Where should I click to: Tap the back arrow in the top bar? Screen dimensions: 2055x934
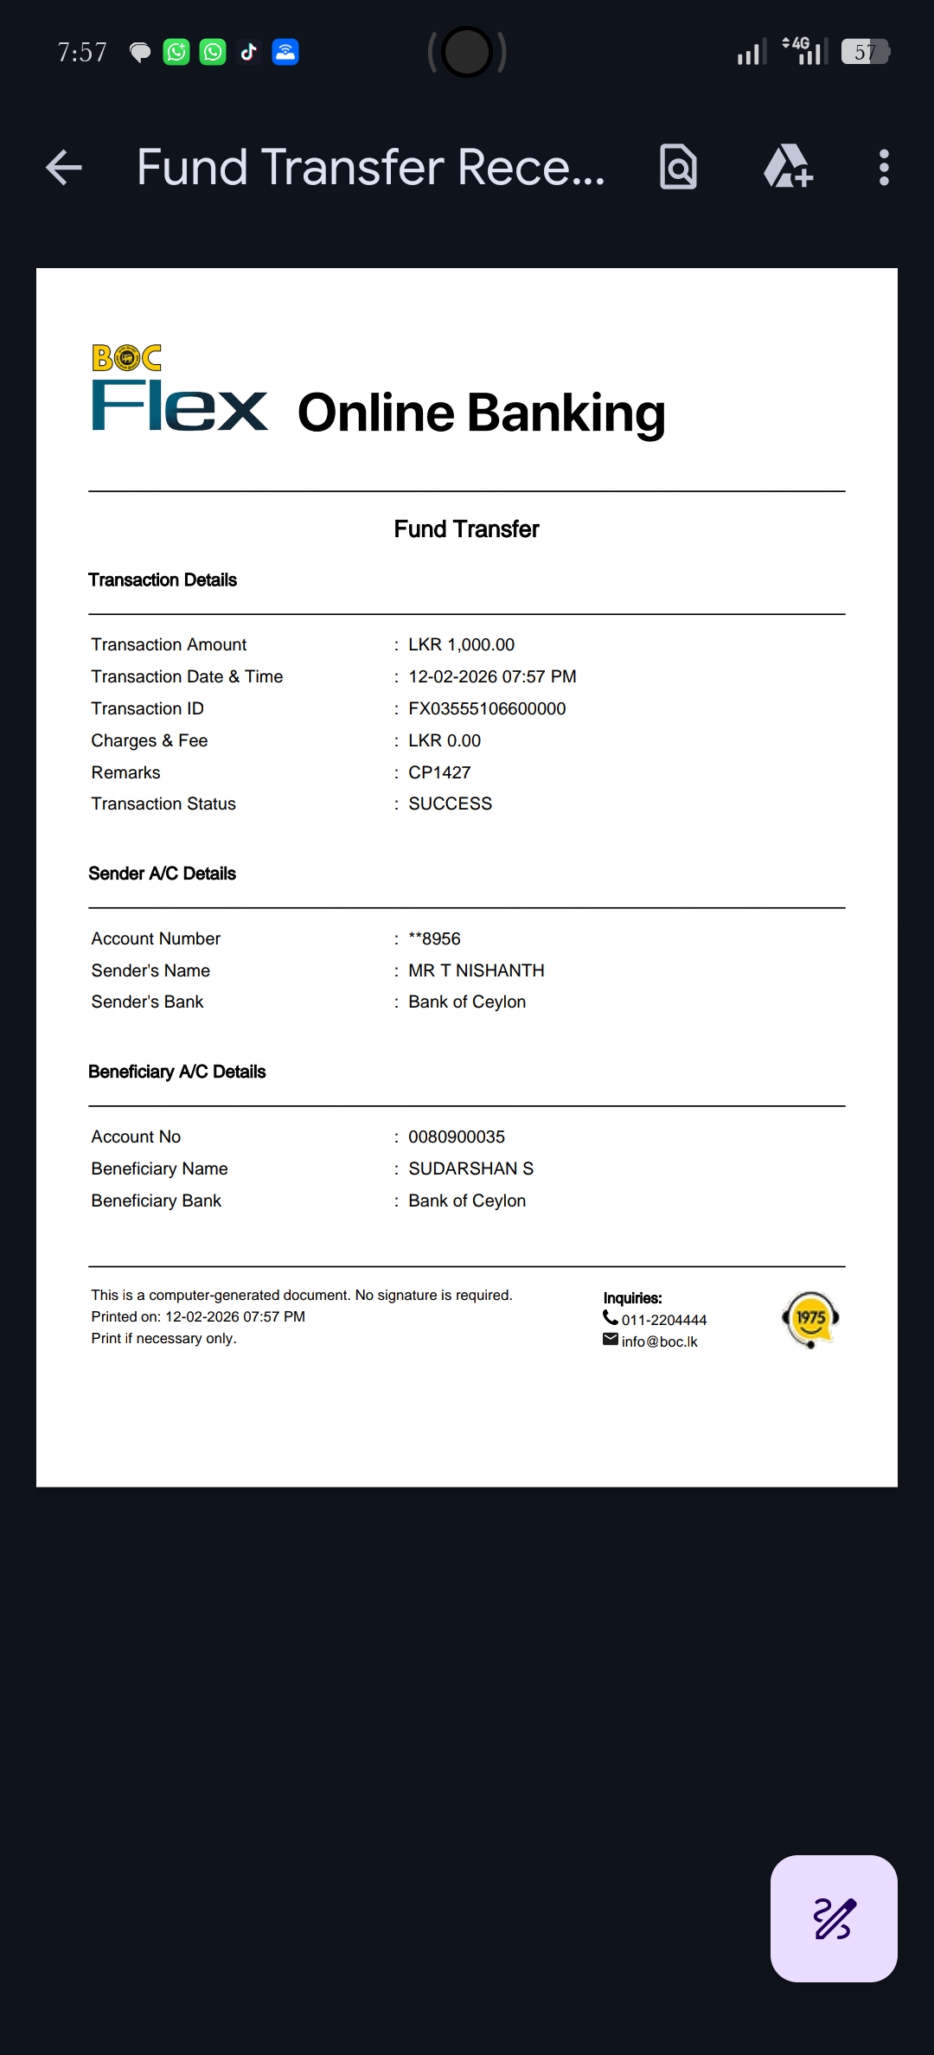click(64, 168)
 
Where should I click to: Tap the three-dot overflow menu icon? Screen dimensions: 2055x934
click(883, 168)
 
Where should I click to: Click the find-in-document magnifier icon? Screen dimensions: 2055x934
click(678, 167)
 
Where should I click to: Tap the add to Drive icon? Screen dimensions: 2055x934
click(788, 167)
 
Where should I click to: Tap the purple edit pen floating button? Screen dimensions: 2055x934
click(834, 1918)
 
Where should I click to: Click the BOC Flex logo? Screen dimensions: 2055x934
click(179, 389)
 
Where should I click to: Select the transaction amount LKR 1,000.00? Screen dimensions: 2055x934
click(461, 644)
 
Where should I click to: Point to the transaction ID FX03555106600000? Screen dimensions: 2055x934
click(487, 708)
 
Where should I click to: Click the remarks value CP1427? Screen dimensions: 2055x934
click(439, 772)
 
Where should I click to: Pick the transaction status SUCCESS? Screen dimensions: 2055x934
click(450, 803)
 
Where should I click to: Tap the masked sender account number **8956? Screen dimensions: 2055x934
click(434, 938)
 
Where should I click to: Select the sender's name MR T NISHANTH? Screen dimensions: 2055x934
click(476, 970)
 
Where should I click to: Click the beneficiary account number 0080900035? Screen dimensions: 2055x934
click(457, 1136)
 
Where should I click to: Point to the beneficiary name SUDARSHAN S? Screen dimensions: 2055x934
click(470, 1168)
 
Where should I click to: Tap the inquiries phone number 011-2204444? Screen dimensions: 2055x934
click(663, 1320)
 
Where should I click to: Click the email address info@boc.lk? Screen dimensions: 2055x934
click(659, 1341)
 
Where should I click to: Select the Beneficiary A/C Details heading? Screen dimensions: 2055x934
click(177, 1072)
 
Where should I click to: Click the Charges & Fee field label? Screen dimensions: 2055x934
click(150, 740)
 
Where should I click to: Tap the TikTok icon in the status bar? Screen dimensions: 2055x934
click(249, 52)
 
